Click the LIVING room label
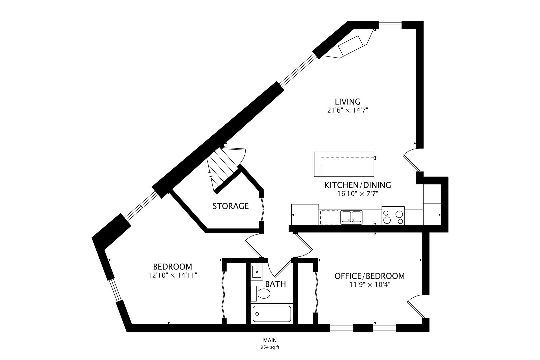click(348, 101)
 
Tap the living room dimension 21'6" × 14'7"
click(348, 110)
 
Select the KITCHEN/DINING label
click(358, 185)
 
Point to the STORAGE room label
click(231, 206)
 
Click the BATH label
click(275, 284)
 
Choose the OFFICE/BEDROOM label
click(370, 276)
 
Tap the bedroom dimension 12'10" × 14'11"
click(173, 275)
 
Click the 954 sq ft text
click(270, 347)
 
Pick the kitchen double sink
click(351, 217)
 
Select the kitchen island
click(344, 164)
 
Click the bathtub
click(272, 314)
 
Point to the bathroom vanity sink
click(257, 272)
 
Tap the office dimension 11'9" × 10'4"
click(370, 285)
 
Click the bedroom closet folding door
click(224, 294)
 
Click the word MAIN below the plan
click(270, 340)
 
